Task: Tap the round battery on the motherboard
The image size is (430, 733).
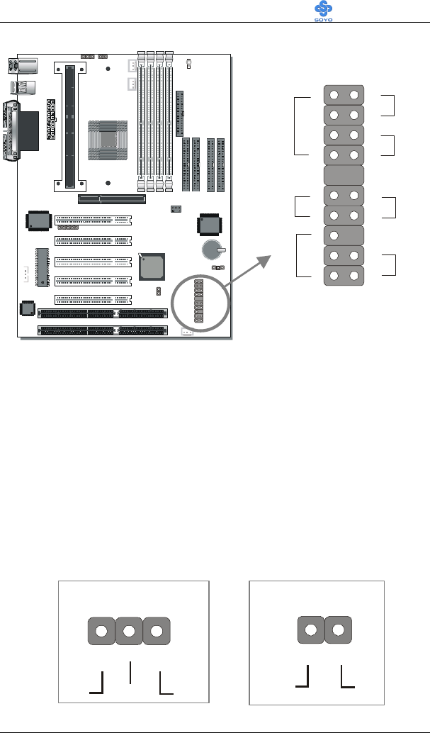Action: [x=210, y=250]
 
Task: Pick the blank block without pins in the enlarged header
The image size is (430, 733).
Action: [x=344, y=176]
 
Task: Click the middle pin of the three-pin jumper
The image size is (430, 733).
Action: [x=129, y=632]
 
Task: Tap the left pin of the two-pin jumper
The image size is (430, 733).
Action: [x=310, y=632]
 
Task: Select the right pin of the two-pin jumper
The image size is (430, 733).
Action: [x=338, y=632]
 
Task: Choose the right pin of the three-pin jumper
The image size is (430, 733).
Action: [x=156, y=632]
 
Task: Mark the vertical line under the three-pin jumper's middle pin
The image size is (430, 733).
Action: [x=130, y=671]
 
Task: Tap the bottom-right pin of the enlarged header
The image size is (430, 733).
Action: [x=353, y=276]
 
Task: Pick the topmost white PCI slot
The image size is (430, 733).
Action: [x=94, y=220]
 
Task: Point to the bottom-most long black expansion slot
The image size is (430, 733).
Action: [x=103, y=330]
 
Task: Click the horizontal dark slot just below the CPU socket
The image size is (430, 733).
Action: [x=112, y=199]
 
